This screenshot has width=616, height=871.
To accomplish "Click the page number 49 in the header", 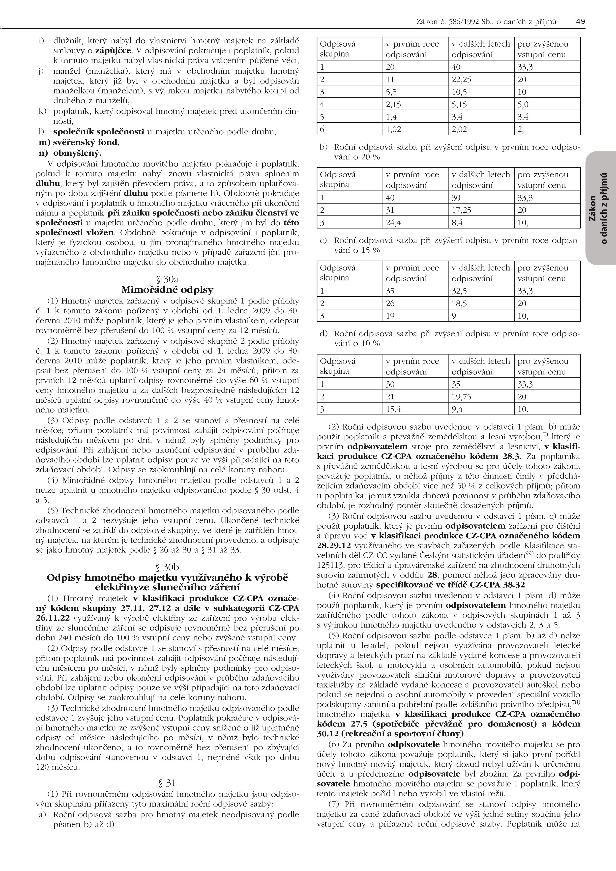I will coord(580,22).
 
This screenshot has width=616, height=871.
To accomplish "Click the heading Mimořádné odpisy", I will coord(167,290).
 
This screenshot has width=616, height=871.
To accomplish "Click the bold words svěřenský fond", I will coord(86,143).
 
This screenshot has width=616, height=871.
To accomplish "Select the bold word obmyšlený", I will coord(77,153).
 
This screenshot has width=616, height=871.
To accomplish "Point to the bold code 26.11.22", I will coord(53,618).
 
